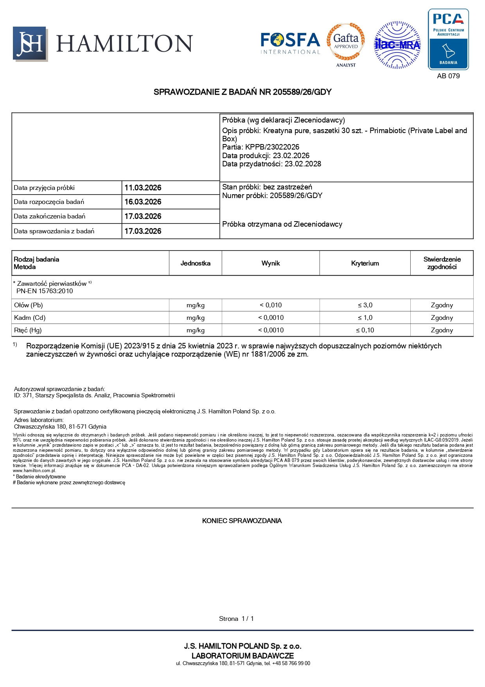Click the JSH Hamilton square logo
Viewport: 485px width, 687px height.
[30, 44]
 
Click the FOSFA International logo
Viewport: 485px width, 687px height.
[290, 43]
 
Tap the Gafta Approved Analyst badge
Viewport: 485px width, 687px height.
[346, 44]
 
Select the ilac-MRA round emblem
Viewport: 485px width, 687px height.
[397, 45]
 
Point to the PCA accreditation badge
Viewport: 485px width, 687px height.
[448, 39]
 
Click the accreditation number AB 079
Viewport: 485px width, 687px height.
[448, 76]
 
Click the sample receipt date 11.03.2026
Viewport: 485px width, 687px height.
[143, 188]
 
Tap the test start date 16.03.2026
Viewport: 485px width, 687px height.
[143, 202]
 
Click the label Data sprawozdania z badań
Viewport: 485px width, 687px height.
[54, 231]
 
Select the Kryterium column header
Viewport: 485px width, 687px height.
[365, 263]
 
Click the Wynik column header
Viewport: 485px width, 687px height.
[271, 263]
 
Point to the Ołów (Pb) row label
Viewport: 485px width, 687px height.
[29, 305]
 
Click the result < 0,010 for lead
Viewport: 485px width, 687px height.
[271, 305]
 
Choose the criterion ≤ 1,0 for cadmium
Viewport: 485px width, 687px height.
[365, 318]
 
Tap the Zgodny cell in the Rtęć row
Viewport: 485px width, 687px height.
[442, 330]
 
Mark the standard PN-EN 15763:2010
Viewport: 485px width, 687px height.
[45, 291]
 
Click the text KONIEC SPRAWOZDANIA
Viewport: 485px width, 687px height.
[242, 521]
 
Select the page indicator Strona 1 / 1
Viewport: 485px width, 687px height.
[236, 619]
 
